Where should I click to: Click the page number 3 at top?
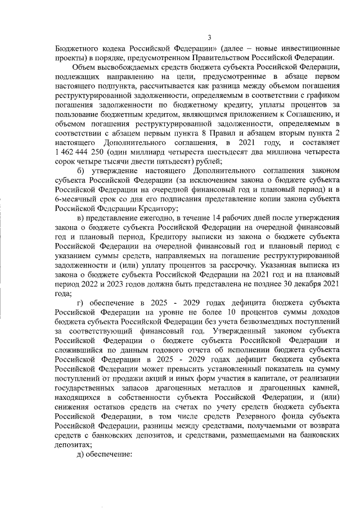click(208, 38)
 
